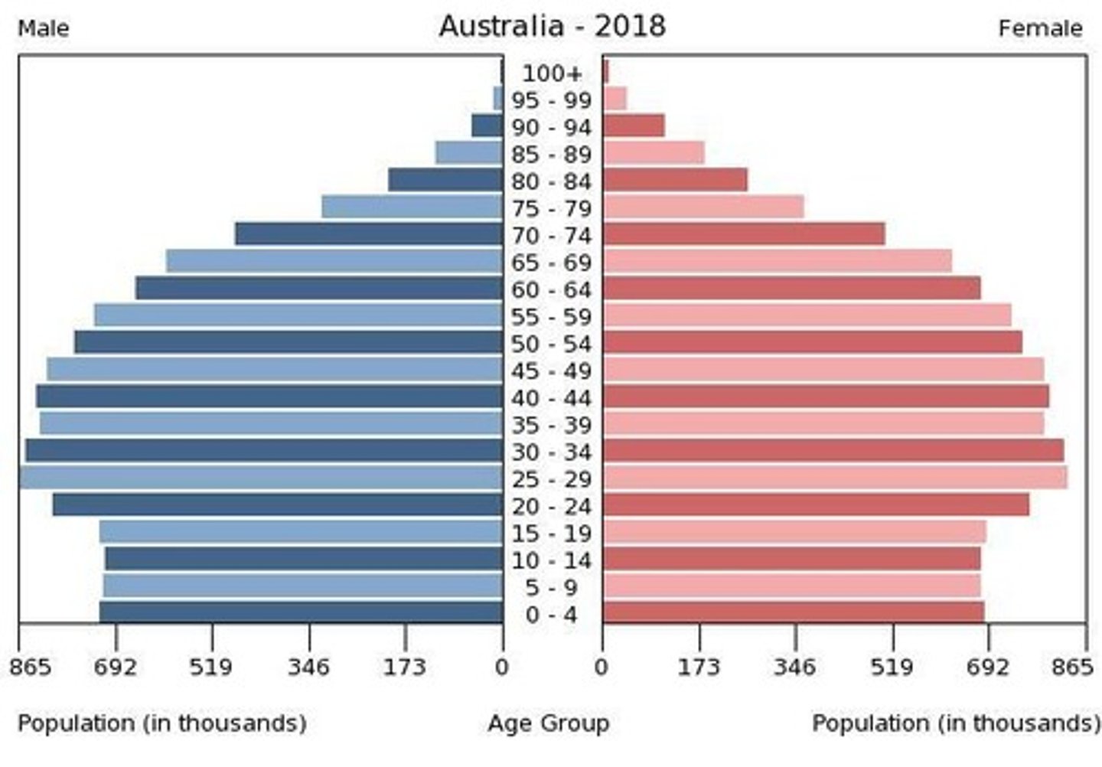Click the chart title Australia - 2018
552,27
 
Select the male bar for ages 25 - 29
261,478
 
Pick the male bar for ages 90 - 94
487,126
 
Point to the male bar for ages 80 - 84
445,181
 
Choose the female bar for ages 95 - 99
615,99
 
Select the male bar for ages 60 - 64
319,289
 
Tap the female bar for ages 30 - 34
833,451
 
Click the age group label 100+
552,73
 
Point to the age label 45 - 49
552,371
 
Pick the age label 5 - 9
552,588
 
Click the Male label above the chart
44,29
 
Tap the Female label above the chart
1040,29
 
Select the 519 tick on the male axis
211,667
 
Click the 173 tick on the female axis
699,667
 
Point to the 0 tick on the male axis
502,667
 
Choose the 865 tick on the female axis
1072,667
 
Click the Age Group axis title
549,723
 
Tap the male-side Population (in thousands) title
162,723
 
